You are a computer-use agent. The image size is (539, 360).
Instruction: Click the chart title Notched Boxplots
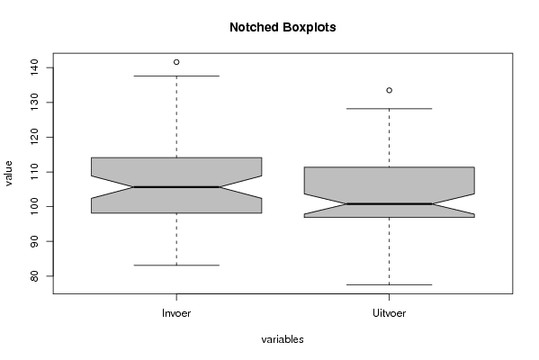coord(283,27)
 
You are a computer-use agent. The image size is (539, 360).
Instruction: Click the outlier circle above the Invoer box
coord(176,62)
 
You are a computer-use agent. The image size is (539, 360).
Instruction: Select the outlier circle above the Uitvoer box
coord(389,90)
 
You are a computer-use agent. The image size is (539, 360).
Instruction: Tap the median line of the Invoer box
coord(176,187)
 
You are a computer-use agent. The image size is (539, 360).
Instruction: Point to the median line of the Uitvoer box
coord(389,204)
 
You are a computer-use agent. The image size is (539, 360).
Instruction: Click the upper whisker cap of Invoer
coord(176,76)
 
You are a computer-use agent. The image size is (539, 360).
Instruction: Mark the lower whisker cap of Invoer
coord(176,265)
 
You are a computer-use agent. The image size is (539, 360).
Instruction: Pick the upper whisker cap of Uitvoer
coord(389,109)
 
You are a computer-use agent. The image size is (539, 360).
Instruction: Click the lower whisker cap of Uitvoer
coord(389,284)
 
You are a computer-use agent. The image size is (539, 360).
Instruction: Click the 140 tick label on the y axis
coord(34,67)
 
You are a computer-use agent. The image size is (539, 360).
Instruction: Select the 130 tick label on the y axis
coord(34,103)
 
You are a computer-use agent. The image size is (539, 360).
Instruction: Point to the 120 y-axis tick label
coord(34,137)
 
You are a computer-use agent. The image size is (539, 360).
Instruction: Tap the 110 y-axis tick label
coord(34,172)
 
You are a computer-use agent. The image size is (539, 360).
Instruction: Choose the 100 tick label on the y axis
coord(34,207)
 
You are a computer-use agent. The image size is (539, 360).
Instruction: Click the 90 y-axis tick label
coord(34,241)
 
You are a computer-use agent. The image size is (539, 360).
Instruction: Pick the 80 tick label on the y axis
coord(34,276)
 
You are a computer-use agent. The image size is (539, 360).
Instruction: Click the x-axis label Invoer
coord(176,313)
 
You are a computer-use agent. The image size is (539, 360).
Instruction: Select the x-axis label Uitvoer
coord(389,313)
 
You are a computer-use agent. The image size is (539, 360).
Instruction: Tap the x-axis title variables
coord(283,339)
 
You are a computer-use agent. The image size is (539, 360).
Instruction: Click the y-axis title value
coord(8,174)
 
